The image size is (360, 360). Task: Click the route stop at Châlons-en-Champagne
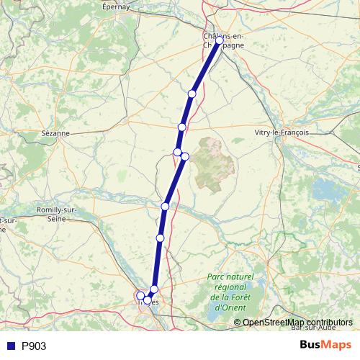(220, 41)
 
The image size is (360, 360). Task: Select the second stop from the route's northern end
(192, 94)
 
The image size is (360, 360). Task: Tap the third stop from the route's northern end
(182, 127)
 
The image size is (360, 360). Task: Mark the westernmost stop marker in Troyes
(140, 295)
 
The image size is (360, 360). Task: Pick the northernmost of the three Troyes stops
(154, 289)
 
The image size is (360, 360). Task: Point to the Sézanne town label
(55, 133)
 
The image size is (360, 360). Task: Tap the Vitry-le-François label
(282, 132)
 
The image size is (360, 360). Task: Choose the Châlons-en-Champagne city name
(224, 40)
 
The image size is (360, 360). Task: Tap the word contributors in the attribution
(327, 323)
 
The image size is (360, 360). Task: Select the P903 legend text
(34, 346)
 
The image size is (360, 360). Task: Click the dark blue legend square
(10, 346)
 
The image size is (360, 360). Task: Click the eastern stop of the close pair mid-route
(185, 157)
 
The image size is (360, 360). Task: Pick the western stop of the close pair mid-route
(177, 152)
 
